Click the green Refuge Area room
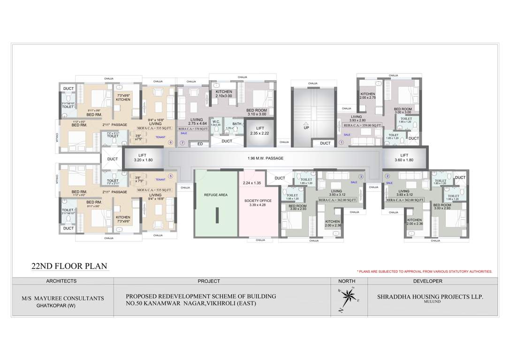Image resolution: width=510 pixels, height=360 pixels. tap(216, 204)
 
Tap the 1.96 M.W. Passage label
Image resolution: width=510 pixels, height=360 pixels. tap(266, 158)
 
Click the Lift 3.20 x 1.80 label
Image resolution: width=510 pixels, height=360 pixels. tap(143, 157)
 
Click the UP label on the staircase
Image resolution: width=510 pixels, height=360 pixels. tap(306, 127)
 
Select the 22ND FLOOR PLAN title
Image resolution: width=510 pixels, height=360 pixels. tap(69, 266)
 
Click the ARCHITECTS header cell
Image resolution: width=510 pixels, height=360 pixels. tap(61, 281)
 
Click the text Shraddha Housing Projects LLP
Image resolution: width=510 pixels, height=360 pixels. tap(430, 297)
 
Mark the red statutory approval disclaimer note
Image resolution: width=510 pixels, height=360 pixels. tap(424, 271)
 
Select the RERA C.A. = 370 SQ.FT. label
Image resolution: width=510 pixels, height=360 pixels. tap(193, 127)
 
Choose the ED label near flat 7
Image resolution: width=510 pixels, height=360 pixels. tap(200, 144)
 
